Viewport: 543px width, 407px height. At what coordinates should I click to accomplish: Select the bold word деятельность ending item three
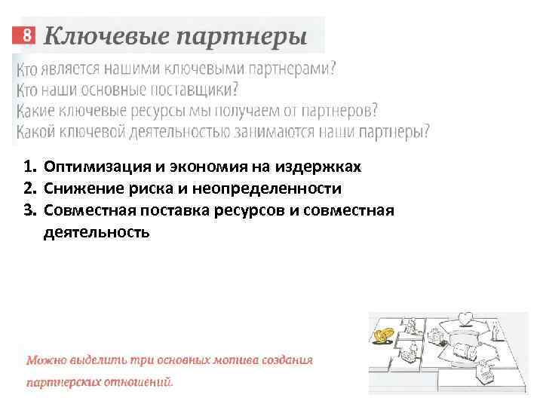97,232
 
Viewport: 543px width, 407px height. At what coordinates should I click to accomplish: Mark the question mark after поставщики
235,90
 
